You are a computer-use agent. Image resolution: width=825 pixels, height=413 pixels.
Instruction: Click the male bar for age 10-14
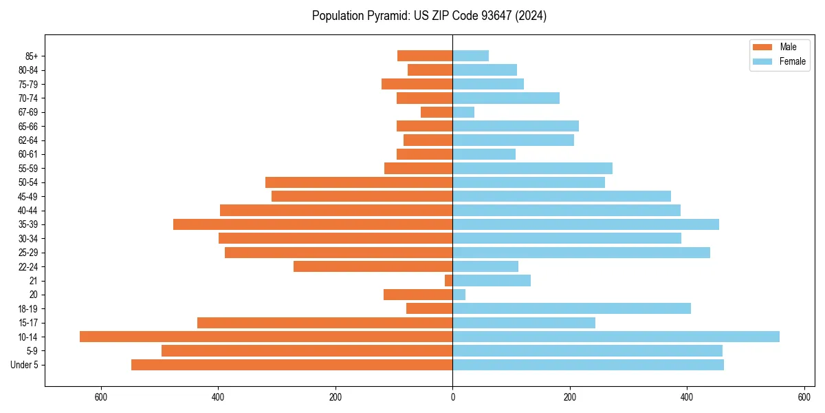coord(266,337)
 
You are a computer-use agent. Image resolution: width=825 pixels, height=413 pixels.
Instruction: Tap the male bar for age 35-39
coord(313,224)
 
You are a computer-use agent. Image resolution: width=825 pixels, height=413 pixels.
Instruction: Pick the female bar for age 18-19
coord(571,308)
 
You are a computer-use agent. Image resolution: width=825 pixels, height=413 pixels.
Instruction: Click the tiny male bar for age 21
coord(449,281)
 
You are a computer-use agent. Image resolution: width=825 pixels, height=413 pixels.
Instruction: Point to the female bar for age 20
coord(459,295)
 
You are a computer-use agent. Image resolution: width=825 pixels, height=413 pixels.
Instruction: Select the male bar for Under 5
coord(291,365)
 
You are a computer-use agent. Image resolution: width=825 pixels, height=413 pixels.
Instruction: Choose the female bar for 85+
coord(471,56)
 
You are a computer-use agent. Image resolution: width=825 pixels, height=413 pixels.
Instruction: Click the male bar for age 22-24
coord(373,266)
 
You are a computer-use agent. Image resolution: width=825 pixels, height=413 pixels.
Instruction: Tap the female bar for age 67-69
coord(463,112)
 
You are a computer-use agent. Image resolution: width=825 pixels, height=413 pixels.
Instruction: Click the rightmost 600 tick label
coord(804,398)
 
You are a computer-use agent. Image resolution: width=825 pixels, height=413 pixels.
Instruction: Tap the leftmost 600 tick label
coord(101,398)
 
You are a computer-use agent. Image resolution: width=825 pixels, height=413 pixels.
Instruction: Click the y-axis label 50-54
coord(28,182)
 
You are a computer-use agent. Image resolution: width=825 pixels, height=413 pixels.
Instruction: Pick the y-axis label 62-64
coord(28,140)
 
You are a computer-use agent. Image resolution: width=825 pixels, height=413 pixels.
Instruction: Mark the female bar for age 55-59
coord(532,169)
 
